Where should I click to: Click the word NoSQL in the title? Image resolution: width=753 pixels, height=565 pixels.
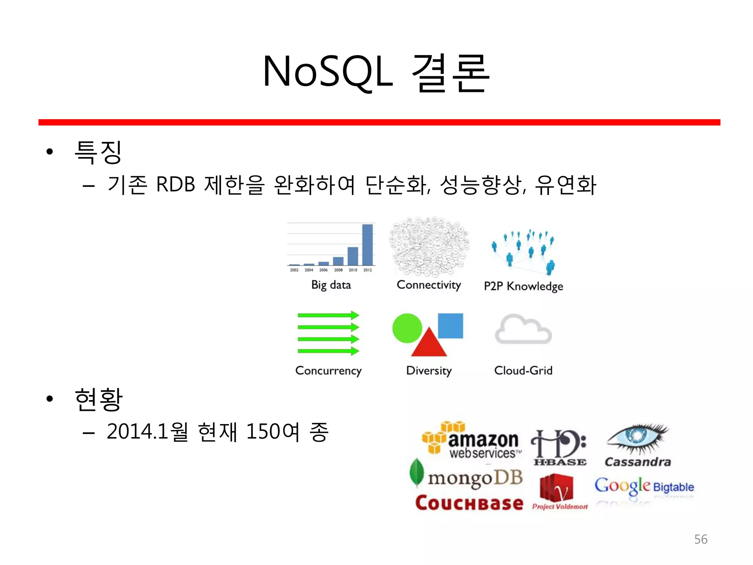[x=327, y=72]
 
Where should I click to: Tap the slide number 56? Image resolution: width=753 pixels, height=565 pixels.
[x=700, y=539]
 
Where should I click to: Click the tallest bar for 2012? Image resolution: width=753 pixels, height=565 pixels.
[x=367, y=245]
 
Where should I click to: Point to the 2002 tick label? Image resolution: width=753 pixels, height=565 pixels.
[x=294, y=270]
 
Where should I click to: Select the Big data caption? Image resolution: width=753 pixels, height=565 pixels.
[x=331, y=285]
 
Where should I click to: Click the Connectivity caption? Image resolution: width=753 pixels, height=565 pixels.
[x=429, y=285]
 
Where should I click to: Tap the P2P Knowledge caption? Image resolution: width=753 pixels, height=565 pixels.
[x=523, y=286]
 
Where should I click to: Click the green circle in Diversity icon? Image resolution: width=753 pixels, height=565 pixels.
[x=407, y=328]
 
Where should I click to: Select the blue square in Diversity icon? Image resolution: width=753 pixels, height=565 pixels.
[x=450, y=326]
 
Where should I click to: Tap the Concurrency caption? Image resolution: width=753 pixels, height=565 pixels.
[x=328, y=371]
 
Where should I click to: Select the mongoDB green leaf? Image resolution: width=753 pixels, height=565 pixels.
[x=417, y=473]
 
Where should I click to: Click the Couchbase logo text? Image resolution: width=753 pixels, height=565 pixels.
[x=469, y=503]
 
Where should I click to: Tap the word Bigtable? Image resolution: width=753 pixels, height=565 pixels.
[x=673, y=487]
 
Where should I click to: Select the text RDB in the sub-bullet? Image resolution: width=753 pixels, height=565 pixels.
[x=175, y=184]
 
